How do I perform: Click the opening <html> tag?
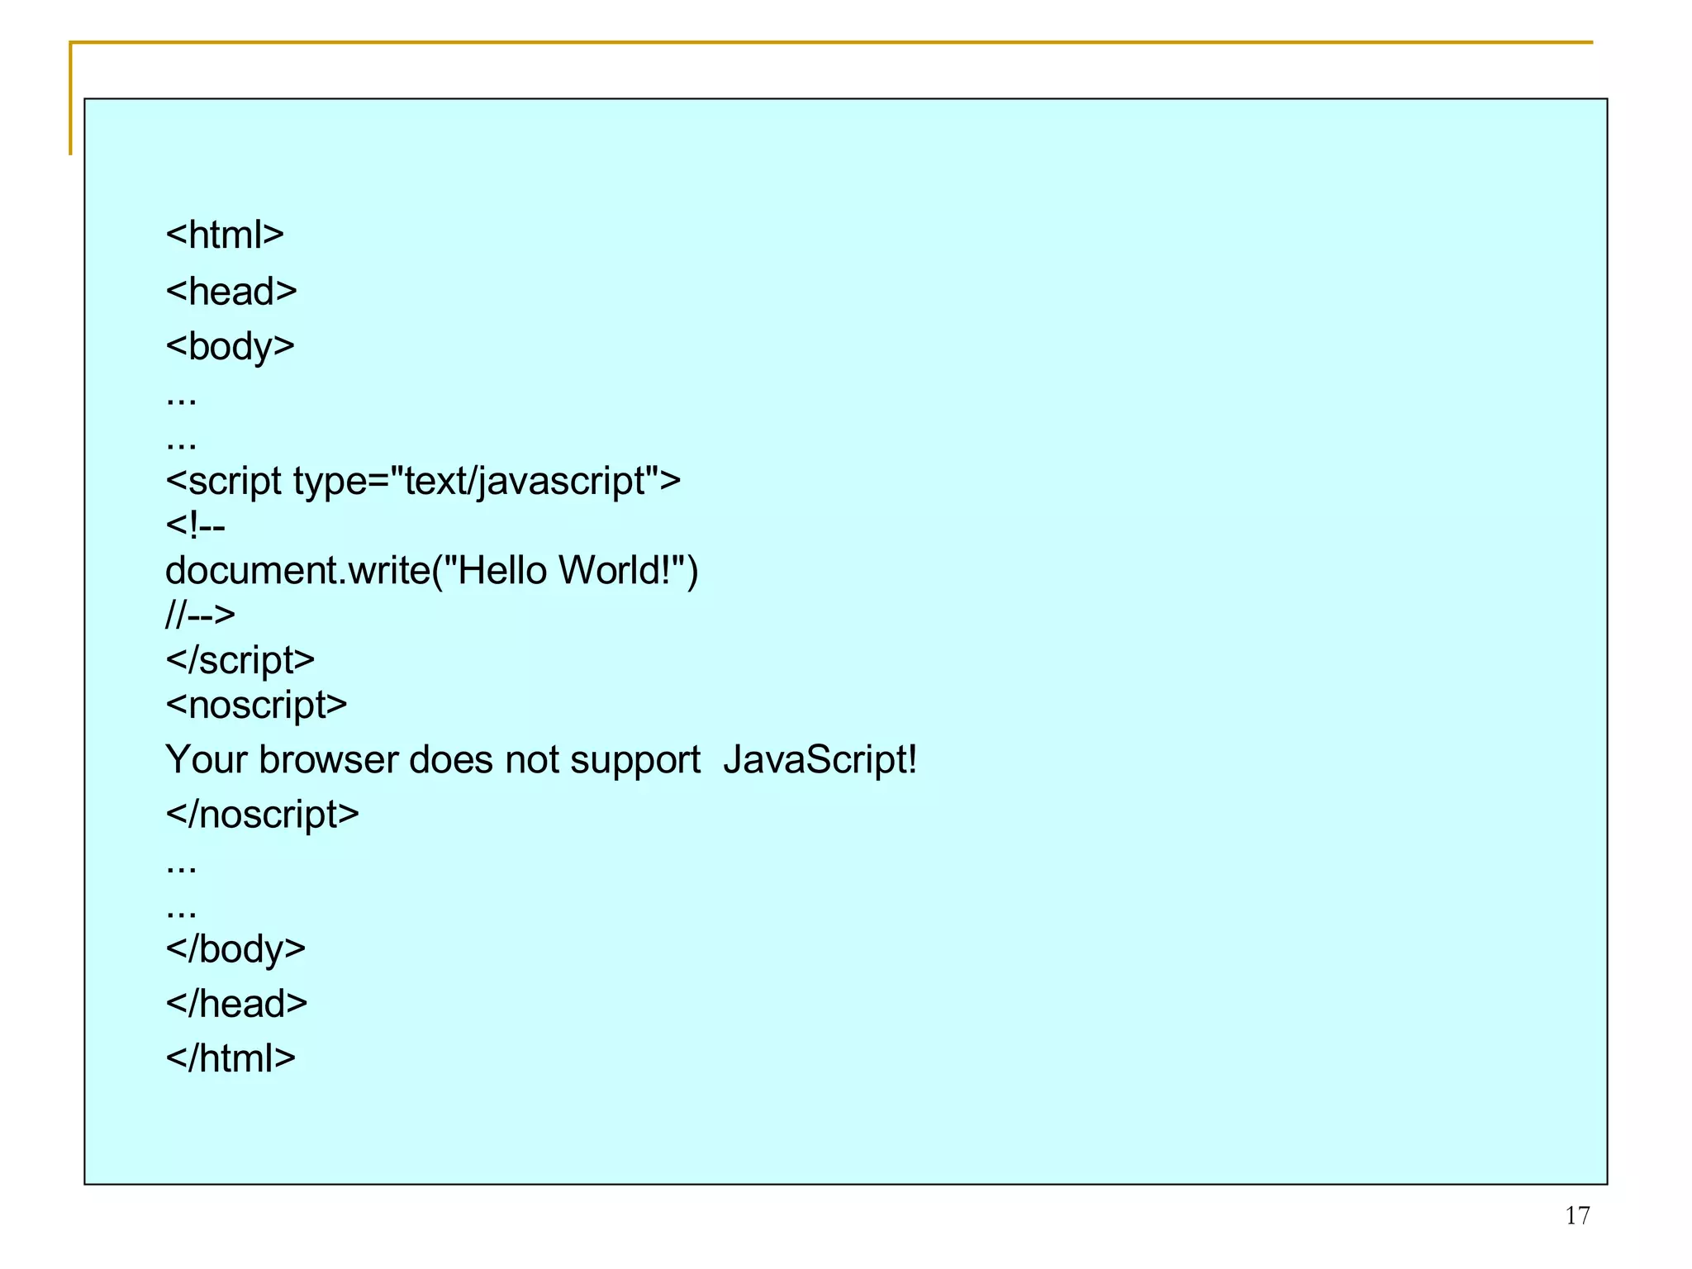[x=225, y=235]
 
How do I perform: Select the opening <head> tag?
[x=231, y=292]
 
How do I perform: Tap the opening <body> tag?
[x=230, y=346]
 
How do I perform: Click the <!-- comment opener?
[x=195, y=525]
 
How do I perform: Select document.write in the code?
[x=297, y=571]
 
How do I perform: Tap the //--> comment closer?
[x=200, y=615]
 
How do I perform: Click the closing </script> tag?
[x=240, y=660]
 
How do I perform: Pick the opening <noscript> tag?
[x=256, y=705]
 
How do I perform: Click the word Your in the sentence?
[x=207, y=760]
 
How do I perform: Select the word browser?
[x=329, y=760]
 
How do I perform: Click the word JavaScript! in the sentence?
[x=820, y=760]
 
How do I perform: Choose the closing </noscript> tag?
[x=262, y=815]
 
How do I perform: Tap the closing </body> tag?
[x=235, y=949]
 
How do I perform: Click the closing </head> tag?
[x=236, y=1004]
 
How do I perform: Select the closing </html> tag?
[x=231, y=1058]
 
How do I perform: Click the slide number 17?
[x=1576, y=1215]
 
